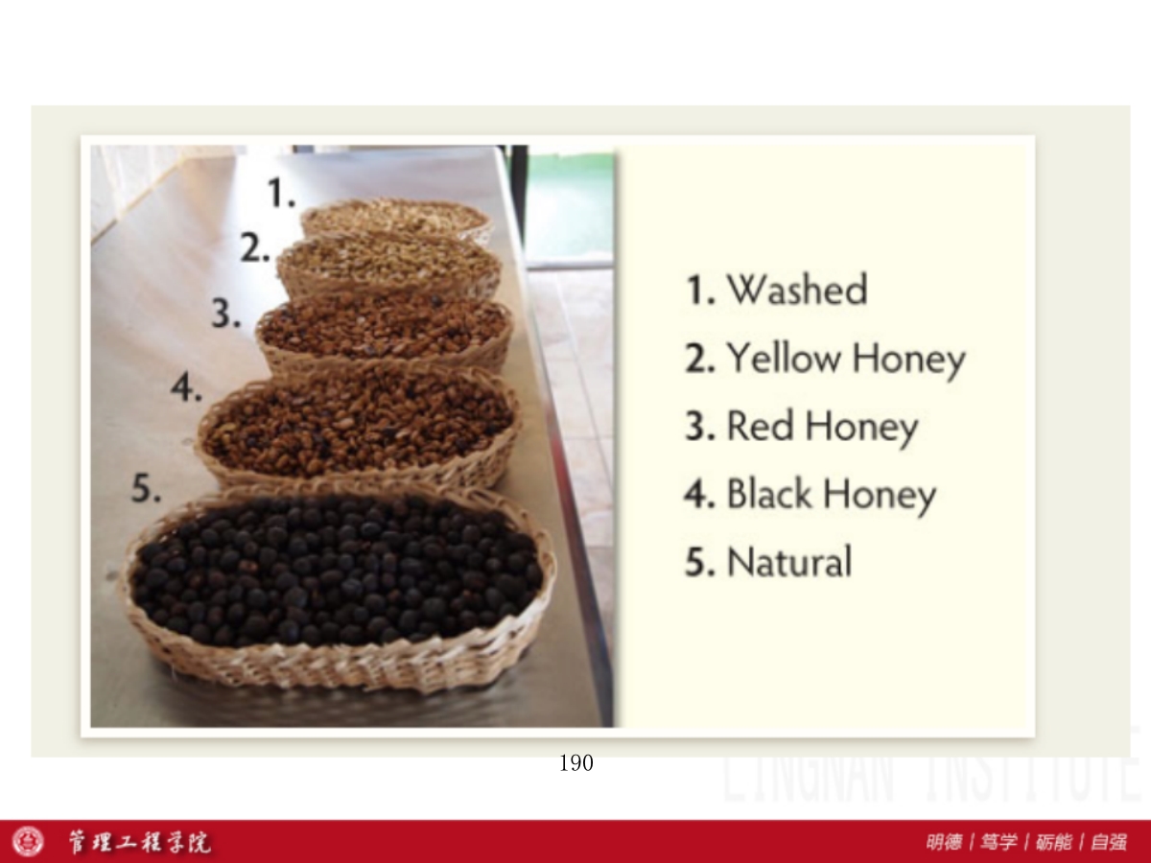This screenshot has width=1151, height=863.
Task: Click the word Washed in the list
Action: [797, 290]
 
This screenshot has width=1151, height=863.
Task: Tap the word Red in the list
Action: [760, 426]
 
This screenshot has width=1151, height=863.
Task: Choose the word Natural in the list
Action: [789, 561]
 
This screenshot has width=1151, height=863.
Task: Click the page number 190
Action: [576, 763]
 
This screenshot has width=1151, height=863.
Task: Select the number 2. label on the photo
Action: [255, 247]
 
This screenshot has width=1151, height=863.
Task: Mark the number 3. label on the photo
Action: [226, 313]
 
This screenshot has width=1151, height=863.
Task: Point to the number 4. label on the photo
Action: [187, 388]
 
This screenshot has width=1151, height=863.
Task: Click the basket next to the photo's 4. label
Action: [360, 427]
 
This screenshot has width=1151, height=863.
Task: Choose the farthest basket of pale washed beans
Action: [397, 219]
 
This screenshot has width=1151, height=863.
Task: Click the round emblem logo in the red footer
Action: [29, 842]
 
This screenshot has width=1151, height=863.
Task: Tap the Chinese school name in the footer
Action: [139, 842]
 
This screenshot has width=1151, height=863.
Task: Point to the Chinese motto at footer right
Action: [1026, 842]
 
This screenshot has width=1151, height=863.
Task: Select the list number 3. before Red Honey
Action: [700, 426]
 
